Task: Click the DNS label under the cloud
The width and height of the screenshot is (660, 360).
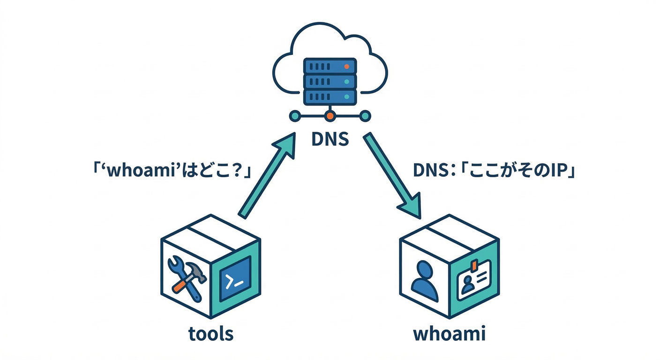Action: pyautogui.click(x=330, y=139)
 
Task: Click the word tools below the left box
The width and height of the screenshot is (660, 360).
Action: pyautogui.click(x=210, y=334)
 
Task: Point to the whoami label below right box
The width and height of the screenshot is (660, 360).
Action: pyautogui.click(x=450, y=334)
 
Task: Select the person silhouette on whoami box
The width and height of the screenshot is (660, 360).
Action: pyautogui.click(x=425, y=281)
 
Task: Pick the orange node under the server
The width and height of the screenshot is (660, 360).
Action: pyautogui.click(x=330, y=115)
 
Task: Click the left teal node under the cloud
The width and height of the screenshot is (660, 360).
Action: pyautogui.click(x=295, y=115)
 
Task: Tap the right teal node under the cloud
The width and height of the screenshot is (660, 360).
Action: pyautogui.click(x=365, y=115)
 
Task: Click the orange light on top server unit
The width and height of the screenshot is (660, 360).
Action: pyautogui.click(x=347, y=66)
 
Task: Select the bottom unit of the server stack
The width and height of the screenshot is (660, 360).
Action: pyautogui.click(x=330, y=97)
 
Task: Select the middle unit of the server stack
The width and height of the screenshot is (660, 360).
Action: pyautogui.click(x=330, y=82)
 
